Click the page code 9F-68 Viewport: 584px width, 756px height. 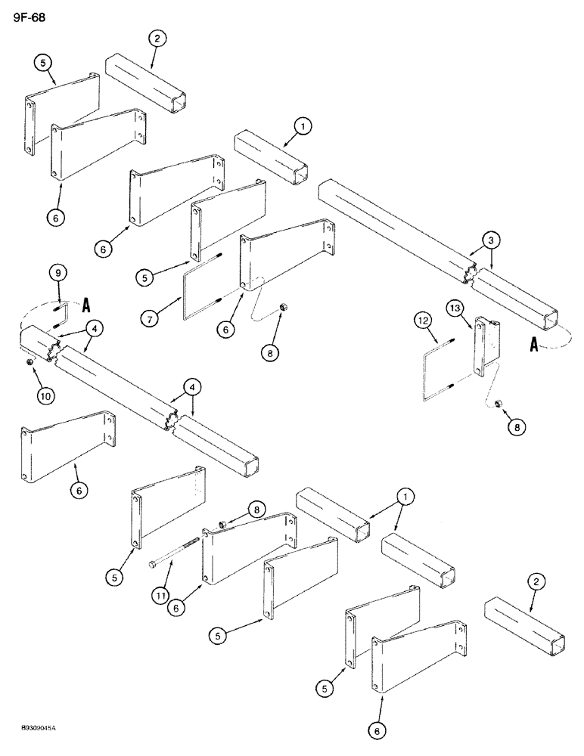29,17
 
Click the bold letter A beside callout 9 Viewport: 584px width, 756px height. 86,305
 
